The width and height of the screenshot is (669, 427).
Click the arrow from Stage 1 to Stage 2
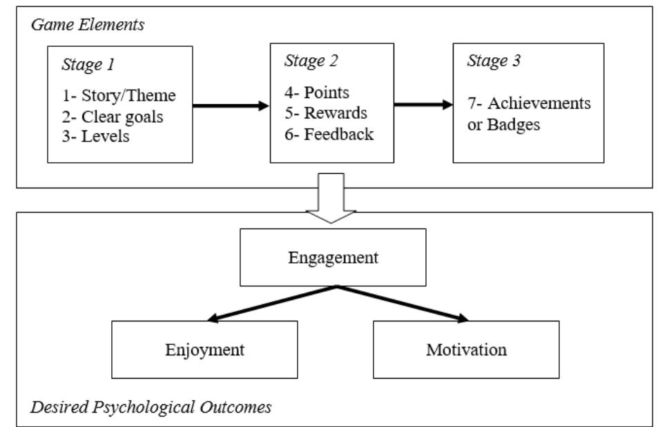coord(231,106)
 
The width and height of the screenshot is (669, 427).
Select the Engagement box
coord(333,257)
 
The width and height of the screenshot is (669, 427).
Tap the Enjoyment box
coord(205,349)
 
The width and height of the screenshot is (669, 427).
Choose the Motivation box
coord(465,349)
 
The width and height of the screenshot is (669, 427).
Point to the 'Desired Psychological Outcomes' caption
coord(151,406)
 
